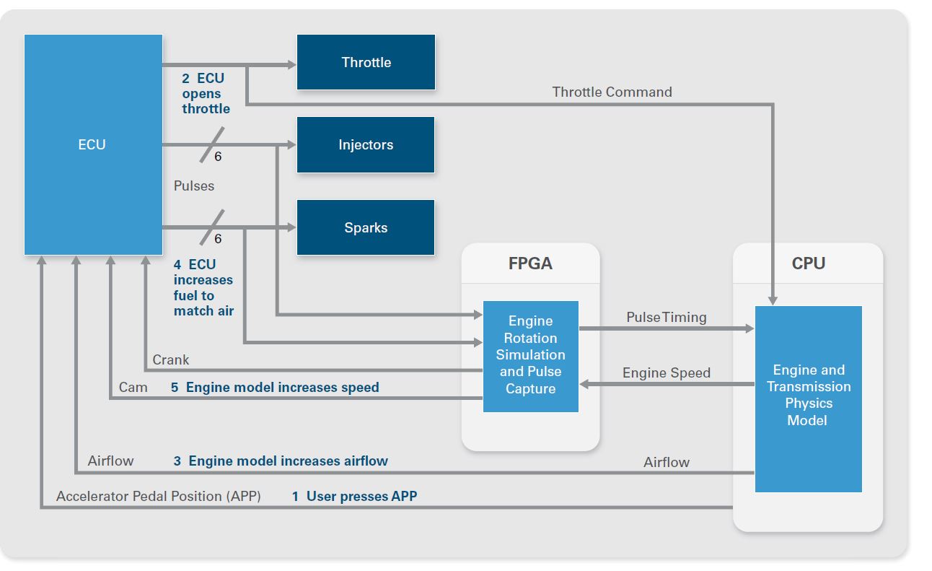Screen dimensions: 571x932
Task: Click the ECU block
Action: tap(93, 144)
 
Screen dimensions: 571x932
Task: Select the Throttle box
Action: tap(366, 62)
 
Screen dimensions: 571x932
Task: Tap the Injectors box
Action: tap(366, 145)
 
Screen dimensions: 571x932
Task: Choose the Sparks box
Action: tap(366, 227)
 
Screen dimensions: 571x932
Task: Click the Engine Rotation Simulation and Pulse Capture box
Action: tap(530, 355)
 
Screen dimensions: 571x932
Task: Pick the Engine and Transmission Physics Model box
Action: tap(808, 395)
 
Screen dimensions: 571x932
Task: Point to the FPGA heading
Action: tap(530, 263)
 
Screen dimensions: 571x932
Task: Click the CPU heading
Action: tap(808, 263)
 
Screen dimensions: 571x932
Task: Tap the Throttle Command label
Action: tap(612, 92)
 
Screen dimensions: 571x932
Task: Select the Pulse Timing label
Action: tap(666, 317)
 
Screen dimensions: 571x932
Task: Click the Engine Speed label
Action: tap(666, 372)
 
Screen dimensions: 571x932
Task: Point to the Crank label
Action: tap(171, 359)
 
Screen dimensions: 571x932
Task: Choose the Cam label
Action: tap(133, 388)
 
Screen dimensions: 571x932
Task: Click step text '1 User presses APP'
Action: tap(354, 496)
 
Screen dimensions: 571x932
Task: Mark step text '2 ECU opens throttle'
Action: tap(206, 94)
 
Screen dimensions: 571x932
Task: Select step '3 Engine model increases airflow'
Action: tap(281, 461)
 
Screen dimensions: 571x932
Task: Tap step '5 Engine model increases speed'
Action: tap(275, 388)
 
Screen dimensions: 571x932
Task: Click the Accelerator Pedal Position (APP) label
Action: tap(158, 496)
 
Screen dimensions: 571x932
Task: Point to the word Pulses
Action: tap(194, 186)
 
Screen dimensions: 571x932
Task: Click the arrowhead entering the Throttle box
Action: tap(291, 65)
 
